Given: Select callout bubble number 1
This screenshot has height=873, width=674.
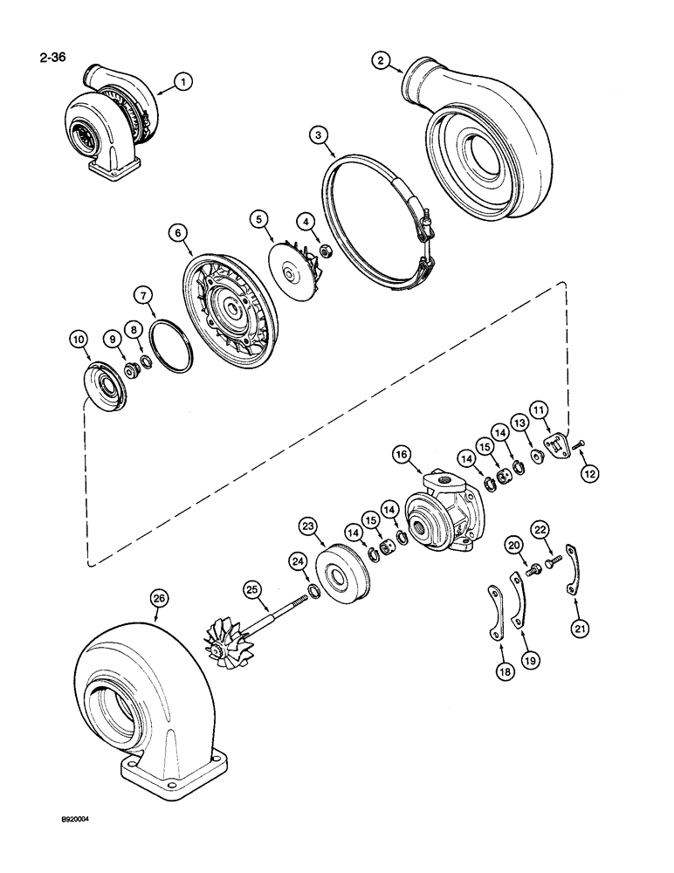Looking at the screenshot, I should click(182, 82).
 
